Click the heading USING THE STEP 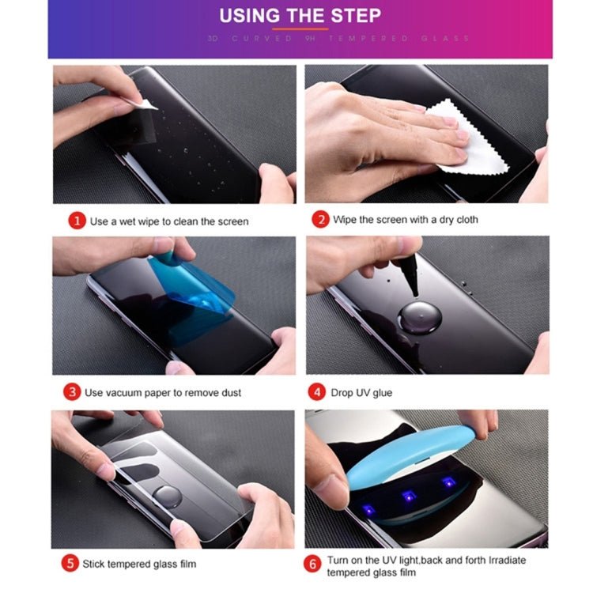[300, 16]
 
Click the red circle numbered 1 [77, 221]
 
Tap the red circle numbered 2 [320, 219]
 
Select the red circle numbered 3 [72, 392]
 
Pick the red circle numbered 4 [318, 392]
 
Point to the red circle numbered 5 [70, 564]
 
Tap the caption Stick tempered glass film [140, 564]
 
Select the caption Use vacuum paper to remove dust [163, 393]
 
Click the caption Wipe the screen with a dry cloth [406, 219]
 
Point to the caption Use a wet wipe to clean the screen [169, 221]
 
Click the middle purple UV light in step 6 [408, 496]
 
